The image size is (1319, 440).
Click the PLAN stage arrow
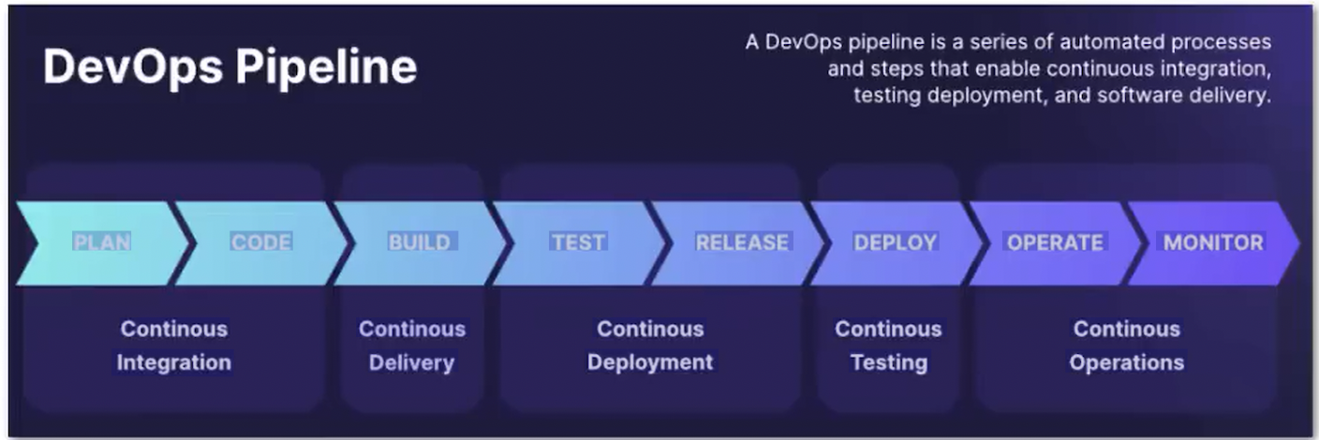point(102,242)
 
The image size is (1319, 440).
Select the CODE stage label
point(261,242)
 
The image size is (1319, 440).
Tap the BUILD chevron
point(420,242)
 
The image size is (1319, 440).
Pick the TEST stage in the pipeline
point(578,242)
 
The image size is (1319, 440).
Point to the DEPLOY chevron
point(896,242)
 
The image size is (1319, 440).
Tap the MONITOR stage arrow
point(1213,242)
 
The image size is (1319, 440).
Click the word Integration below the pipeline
point(173,362)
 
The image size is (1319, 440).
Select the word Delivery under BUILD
point(411,362)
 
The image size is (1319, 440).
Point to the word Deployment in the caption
point(650,362)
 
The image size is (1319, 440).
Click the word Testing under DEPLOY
point(888,362)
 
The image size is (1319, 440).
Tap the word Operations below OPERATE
point(1127,362)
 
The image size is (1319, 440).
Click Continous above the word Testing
point(888,330)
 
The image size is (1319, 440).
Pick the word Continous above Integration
point(173,330)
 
